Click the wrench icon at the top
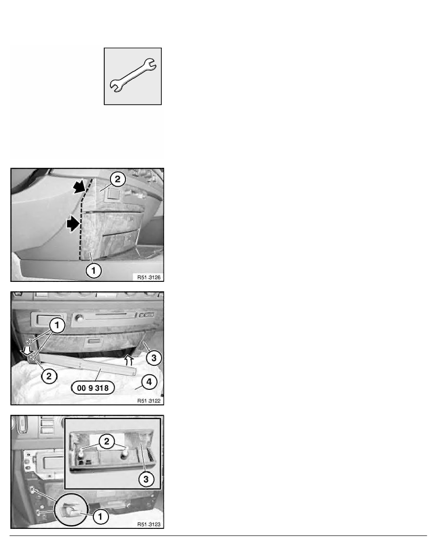(x=133, y=76)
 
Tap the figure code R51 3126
(x=149, y=277)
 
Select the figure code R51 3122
(x=149, y=401)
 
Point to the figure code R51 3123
(x=149, y=524)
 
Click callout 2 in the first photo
(x=117, y=179)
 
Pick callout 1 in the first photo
(x=93, y=271)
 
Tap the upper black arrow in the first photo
(x=80, y=186)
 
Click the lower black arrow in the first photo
(x=73, y=224)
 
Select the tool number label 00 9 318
(x=93, y=388)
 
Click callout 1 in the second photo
(x=57, y=325)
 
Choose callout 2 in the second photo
(x=49, y=376)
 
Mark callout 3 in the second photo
(x=154, y=358)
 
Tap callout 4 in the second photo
(x=149, y=382)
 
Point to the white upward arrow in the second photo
(x=129, y=360)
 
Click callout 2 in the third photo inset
(x=107, y=441)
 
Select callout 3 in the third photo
(x=146, y=479)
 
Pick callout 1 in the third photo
(x=100, y=516)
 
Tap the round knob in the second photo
(x=79, y=318)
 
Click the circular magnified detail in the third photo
(x=72, y=509)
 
